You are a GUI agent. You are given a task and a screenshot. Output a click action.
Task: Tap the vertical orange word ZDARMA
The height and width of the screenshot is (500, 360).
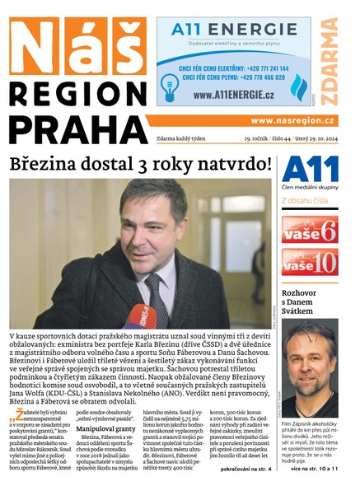[329, 63]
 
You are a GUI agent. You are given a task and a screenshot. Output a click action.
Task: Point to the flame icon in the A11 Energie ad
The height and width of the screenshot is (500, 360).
[299, 85]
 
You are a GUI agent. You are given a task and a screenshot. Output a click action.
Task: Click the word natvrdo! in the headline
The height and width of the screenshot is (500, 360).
[232, 164]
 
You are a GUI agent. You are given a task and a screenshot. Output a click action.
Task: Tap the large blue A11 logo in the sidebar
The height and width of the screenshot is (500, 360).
[310, 170]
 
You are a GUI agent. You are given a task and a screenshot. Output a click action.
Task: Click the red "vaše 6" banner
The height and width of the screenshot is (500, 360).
[310, 230]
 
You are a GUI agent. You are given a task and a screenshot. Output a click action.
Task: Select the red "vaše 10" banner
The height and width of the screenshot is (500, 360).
[310, 262]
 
